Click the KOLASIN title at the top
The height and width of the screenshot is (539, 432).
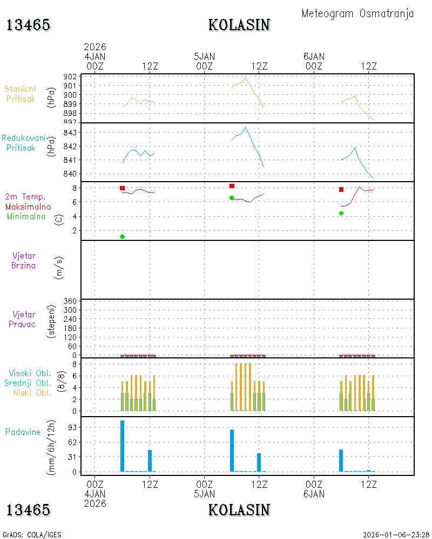[239, 25]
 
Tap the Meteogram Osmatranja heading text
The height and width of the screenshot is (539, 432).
[357, 13]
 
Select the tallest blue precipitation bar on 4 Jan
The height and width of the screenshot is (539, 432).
[122, 446]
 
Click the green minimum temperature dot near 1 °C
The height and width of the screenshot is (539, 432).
[122, 237]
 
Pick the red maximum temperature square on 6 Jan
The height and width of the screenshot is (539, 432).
[341, 189]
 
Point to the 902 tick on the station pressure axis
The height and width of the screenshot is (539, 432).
[70, 77]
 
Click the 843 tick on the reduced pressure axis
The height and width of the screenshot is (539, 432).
[70, 133]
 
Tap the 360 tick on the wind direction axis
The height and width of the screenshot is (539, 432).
[70, 301]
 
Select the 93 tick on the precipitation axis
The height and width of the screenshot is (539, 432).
[72, 427]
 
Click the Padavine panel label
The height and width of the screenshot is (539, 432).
[23, 432]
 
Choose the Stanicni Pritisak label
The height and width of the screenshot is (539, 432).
[21, 94]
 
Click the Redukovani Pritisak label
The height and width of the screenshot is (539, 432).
[23, 143]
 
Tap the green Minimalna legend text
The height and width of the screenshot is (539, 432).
[26, 217]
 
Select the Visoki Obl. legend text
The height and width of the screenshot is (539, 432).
[30, 373]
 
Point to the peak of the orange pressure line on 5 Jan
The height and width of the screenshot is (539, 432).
[246, 77]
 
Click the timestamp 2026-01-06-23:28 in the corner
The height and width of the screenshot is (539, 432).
[396, 535]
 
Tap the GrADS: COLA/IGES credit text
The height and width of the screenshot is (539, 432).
[32, 535]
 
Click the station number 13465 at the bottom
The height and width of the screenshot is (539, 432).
[28, 510]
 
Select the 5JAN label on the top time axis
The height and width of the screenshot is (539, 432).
[204, 57]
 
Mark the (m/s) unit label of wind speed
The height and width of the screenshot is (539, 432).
[59, 268]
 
